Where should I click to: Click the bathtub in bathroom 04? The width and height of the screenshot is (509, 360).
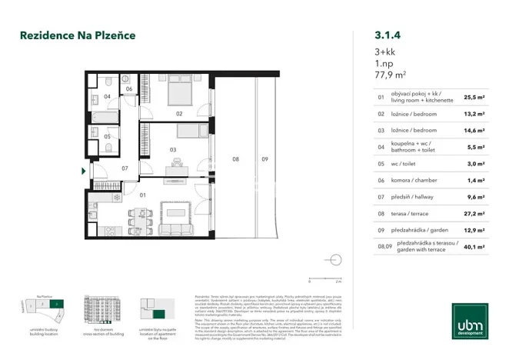click(101, 114)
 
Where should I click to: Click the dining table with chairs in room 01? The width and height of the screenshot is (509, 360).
click(140, 219)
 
